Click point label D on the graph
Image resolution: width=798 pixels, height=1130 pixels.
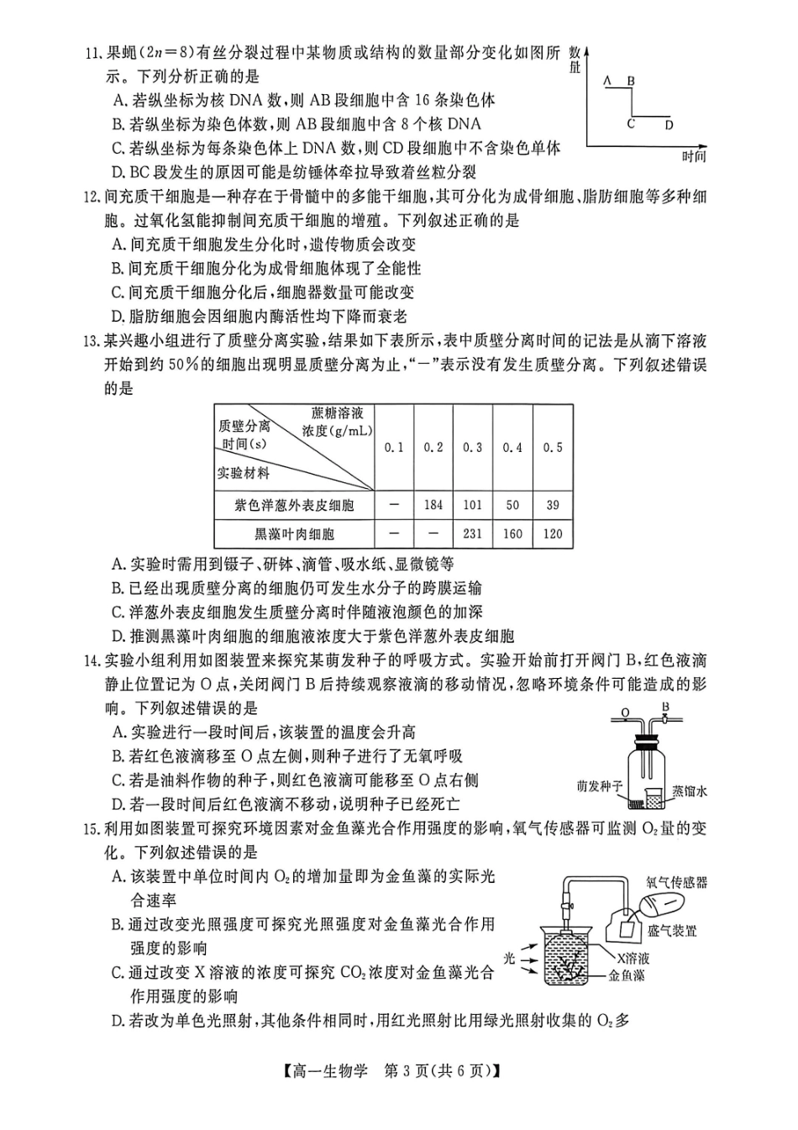669,125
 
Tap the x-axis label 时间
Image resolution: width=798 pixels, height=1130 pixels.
693,156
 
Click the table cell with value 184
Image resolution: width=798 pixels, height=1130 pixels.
433,505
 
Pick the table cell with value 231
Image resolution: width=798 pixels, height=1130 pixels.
473,533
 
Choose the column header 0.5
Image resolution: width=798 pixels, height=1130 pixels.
552,447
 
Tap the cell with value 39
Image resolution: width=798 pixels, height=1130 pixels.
552,505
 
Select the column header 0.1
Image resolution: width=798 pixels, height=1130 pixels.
394,447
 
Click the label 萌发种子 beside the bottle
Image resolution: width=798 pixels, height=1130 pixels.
600,786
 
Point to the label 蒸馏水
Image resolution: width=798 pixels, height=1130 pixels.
689,791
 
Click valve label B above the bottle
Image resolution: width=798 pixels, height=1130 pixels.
665,707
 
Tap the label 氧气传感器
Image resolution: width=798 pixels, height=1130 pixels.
676,881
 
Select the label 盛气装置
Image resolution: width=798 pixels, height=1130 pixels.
672,931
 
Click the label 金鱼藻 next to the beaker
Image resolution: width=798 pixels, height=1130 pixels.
627,976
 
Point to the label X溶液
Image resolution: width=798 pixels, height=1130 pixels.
633,958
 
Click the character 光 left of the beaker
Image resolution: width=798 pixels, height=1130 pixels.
509,958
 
